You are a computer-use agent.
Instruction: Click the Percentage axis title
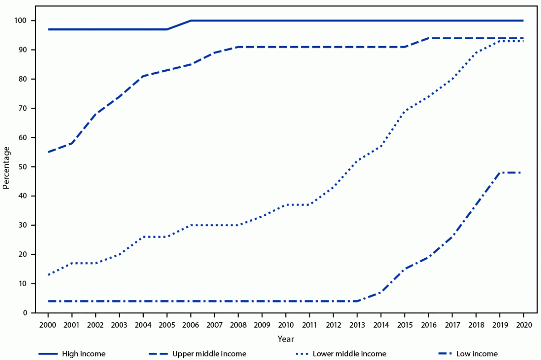6,167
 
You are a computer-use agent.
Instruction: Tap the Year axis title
285,339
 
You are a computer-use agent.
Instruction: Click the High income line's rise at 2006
191,21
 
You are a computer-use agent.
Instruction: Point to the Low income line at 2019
499,172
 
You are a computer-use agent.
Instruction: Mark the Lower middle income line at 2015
404,111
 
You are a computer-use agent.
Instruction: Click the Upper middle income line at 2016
428,38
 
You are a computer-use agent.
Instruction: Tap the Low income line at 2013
357,301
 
